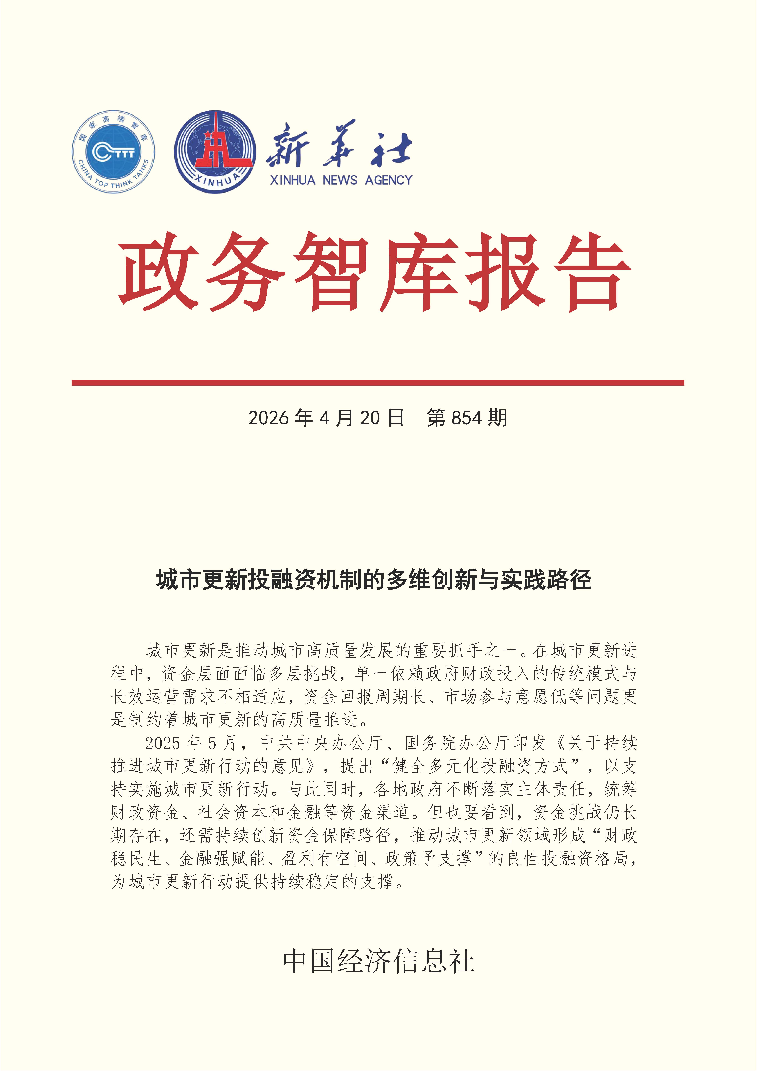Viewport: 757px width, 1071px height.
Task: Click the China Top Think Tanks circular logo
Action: [x=113, y=152]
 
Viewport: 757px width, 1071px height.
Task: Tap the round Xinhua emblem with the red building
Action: [x=215, y=152]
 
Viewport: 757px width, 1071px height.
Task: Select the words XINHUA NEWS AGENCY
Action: [x=341, y=180]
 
